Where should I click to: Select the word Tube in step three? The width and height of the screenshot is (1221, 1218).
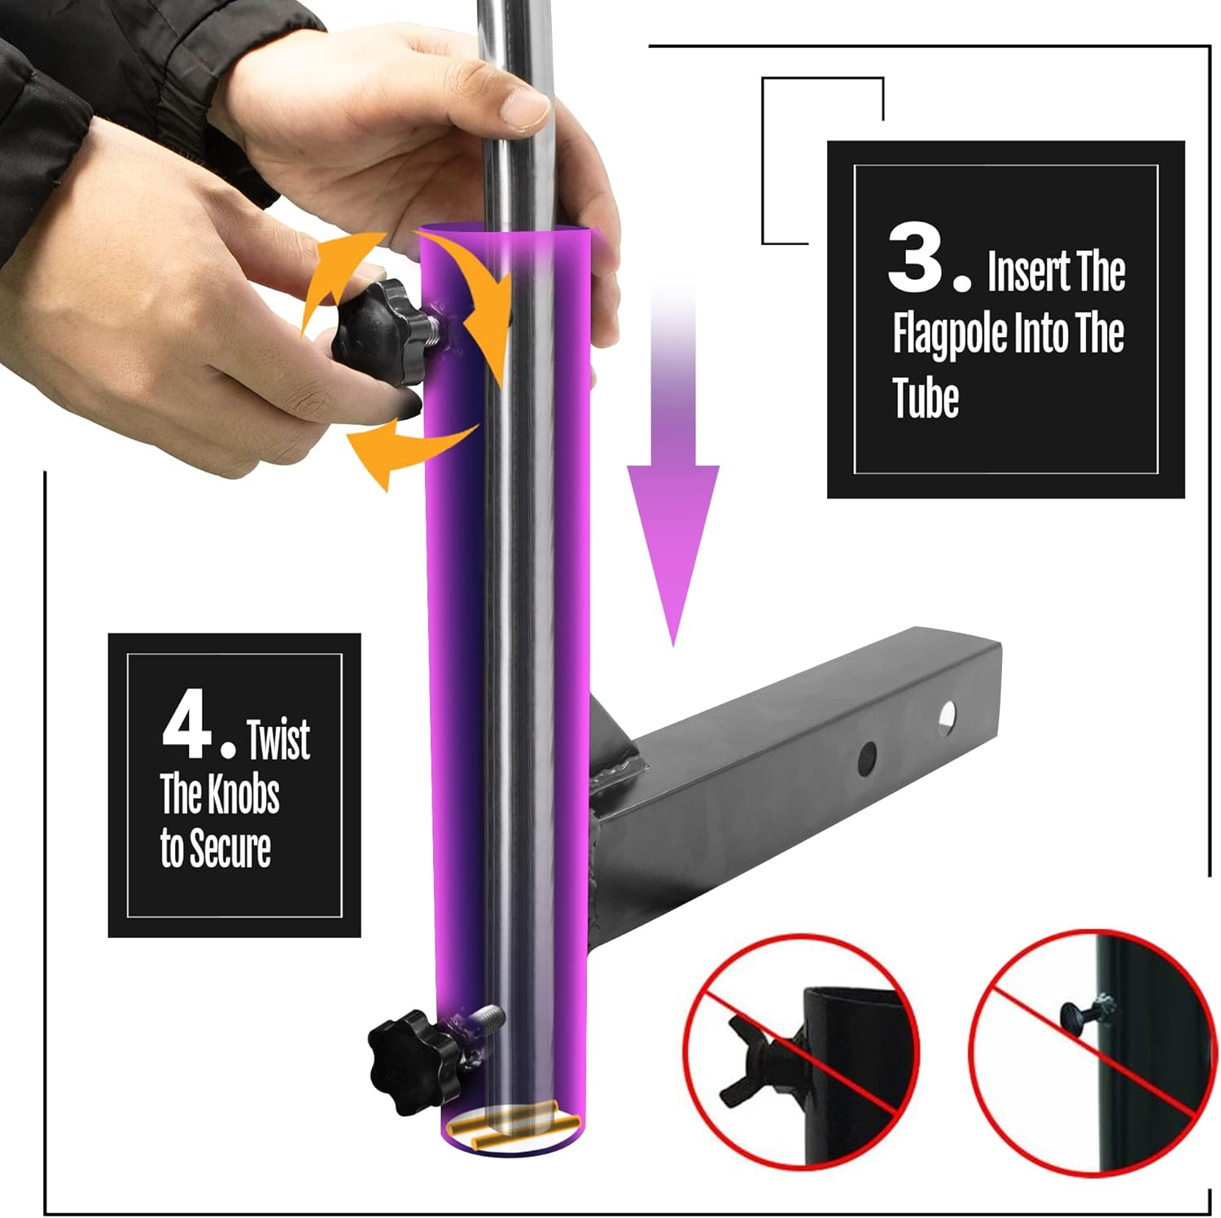(926, 398)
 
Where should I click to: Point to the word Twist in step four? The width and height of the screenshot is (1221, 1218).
(278, 739)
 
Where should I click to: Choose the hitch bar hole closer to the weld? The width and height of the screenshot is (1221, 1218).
(867, 758)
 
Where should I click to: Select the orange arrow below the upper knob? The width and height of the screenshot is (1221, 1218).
(407, 453)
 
